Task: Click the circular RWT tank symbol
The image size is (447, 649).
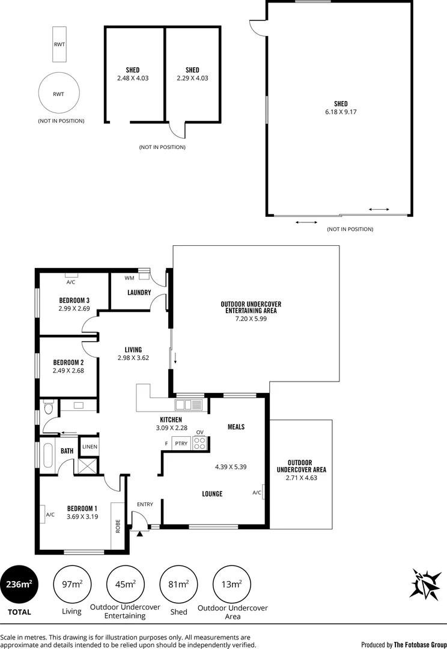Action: (x=59, y=94)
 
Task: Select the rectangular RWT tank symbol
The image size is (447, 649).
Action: (x=59, y=44)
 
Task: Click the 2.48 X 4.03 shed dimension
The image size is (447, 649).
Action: (x=133, y=78)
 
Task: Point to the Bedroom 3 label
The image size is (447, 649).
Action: (x=74, y=300)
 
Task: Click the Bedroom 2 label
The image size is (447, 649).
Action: (x=68, y=362)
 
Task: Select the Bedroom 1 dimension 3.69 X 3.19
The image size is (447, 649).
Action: (x=82, y=515)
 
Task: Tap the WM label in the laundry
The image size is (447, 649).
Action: (x=129, y=278)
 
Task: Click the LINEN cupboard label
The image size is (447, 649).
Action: (x=90, y=446)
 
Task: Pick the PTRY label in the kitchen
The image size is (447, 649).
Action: (x=181, y=444)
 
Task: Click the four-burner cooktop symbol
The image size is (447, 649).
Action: (x=200, y=443)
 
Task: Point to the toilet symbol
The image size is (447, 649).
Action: (x=49, y=407)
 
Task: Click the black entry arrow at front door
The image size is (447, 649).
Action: (x=140, y=532)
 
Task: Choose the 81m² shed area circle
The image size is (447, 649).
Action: (x=179, y=584)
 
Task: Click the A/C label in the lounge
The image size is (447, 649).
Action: (x=257, y=493)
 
